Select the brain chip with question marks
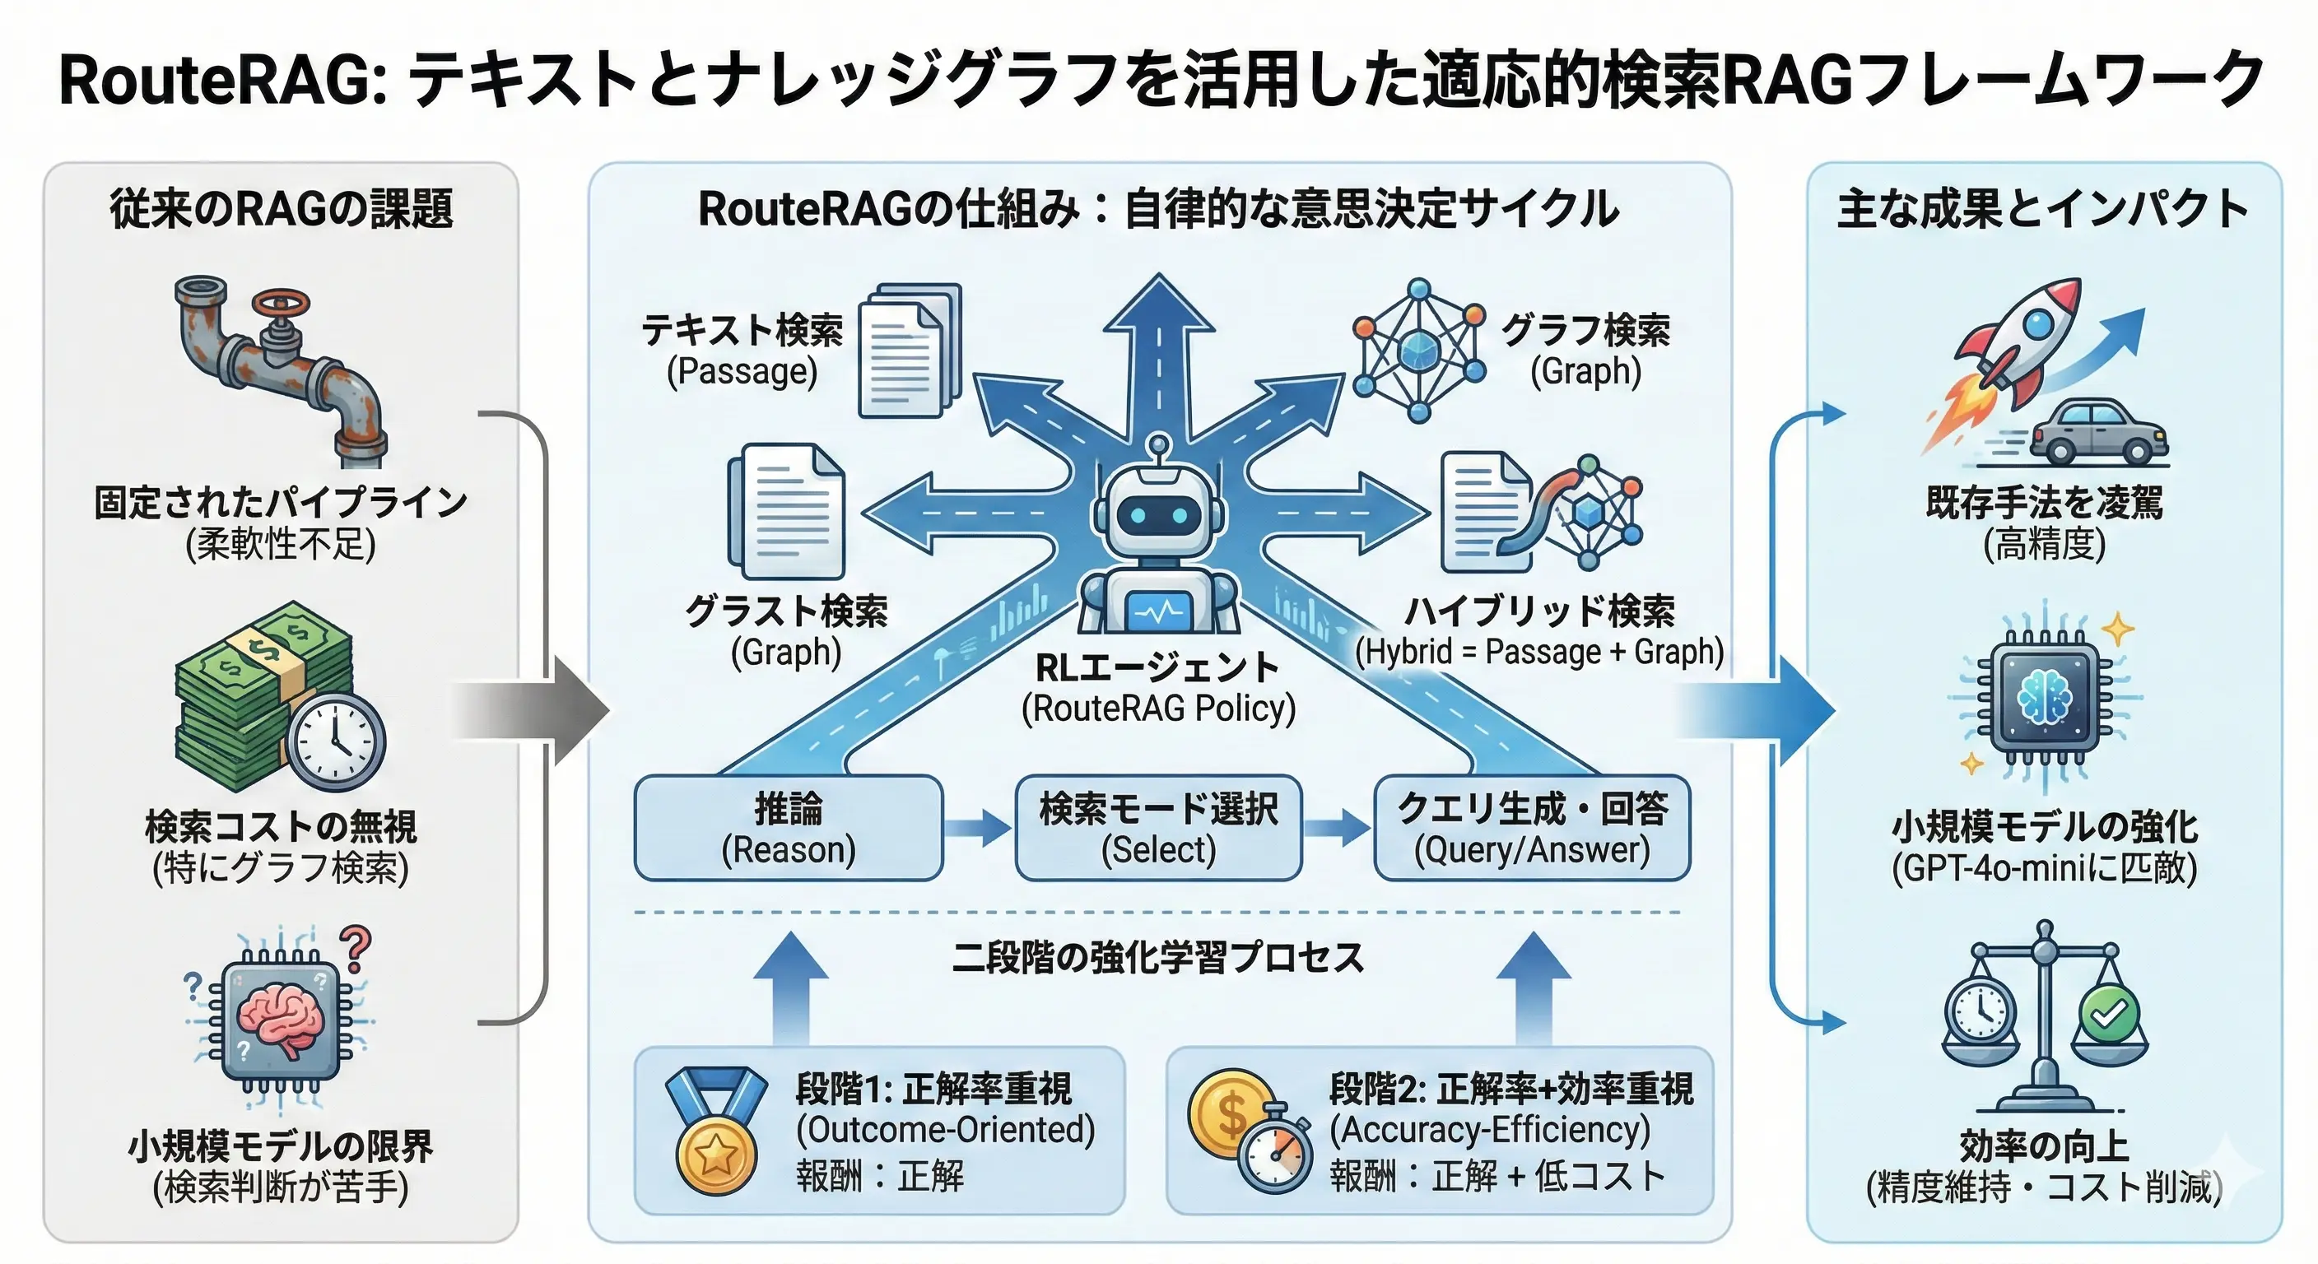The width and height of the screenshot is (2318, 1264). point(280,1022)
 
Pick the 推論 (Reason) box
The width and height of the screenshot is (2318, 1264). point(789,828)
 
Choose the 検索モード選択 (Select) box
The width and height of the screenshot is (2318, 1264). point(1158,828)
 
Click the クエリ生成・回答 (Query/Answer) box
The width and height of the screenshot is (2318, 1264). point(1532,828)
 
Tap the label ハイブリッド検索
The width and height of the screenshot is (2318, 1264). point(1539,611)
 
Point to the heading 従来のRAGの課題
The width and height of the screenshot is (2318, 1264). point(281,209)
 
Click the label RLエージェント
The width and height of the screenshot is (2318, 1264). point(1158,667)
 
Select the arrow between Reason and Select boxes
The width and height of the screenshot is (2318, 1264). point(978,828)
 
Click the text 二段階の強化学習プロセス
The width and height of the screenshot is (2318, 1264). point(1158,957)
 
